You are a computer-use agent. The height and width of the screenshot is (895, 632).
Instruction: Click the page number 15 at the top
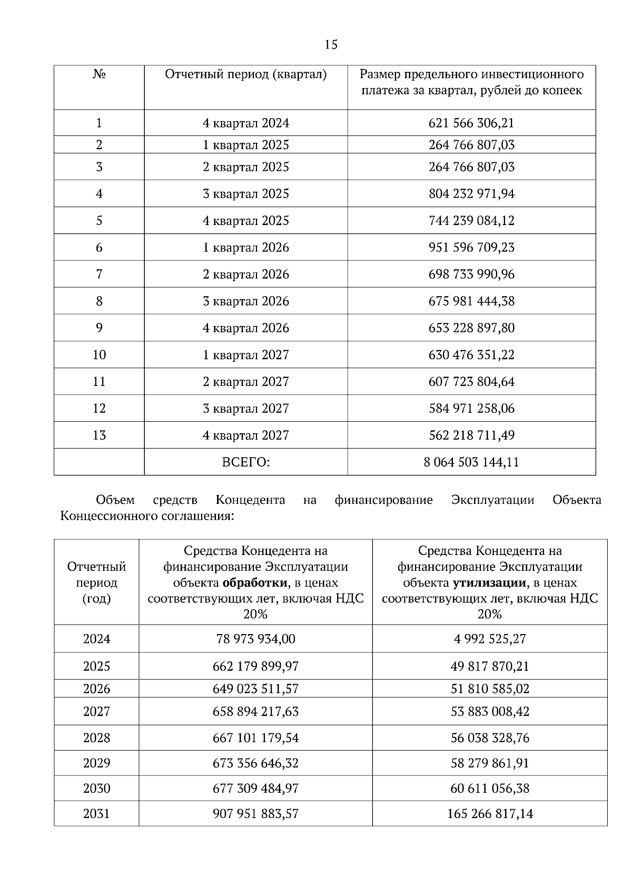click(x=331, y=45)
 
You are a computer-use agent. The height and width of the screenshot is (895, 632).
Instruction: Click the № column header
click(x=99, y=74)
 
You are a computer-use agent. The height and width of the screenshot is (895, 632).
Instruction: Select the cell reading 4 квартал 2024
click(x=246, y=123)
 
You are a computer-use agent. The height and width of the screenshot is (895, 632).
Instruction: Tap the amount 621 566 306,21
click(x=471, y=123)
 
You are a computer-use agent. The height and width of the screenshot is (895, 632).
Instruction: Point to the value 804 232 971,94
click(x=471, y=194)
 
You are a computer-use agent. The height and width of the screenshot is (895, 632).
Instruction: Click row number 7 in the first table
click(x=99, y=275)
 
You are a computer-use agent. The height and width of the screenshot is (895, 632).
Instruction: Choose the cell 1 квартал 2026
click(x=246, y=248)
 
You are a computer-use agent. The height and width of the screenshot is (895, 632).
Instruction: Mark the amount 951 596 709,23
click(x=471, y=248)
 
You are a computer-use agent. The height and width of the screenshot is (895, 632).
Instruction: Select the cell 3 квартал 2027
click(x=246, y=408)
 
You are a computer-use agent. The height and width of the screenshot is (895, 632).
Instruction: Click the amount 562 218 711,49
click(x=471, y=435)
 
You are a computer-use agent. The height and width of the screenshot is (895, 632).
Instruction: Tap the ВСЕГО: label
click(x=246, y=462)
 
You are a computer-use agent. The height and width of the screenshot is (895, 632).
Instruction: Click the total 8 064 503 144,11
click(x=471, y=462)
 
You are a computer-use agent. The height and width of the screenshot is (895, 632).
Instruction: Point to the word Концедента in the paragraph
click(x=250, y=500)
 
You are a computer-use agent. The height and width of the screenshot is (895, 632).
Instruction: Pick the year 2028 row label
click(x=96, y=738)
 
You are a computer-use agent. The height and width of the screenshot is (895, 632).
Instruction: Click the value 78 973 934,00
click(x=255, y=639)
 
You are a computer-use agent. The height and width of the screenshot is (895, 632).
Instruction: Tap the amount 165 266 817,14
click(x=490, y=814)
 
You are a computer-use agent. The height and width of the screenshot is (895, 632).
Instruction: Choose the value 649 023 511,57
click(x=255, y=689)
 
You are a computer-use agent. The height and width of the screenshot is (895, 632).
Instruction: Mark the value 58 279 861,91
click(x=490, y=763)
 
